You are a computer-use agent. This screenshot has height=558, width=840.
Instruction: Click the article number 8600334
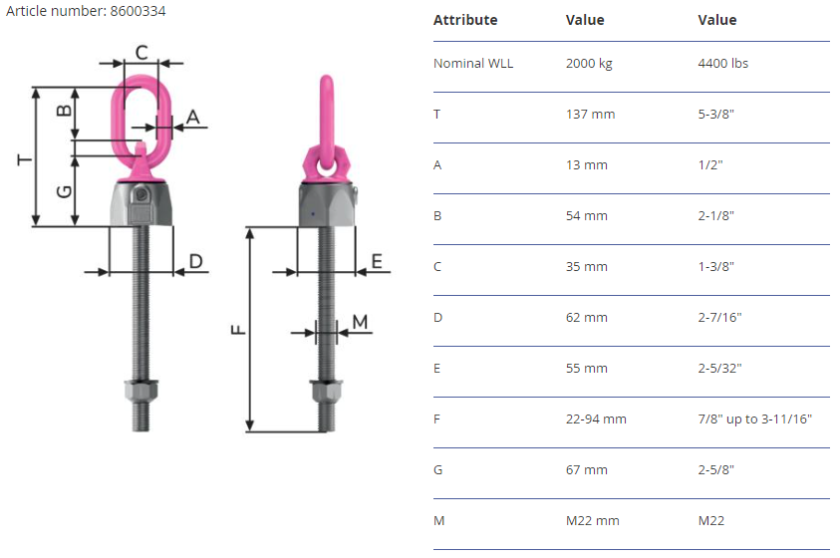pos(138,11)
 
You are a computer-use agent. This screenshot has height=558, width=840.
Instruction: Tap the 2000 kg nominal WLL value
pos(589,63)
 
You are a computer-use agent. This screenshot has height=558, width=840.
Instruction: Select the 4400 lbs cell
pos(722,63)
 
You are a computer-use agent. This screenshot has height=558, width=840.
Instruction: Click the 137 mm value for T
pos(590,114)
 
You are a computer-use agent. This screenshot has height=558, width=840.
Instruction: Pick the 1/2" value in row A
pos(710,165)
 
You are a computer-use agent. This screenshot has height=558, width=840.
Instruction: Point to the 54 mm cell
pos(587,216)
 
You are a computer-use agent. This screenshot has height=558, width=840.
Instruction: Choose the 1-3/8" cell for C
pos(715,267)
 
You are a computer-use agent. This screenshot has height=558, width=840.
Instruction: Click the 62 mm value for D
pos(587,318)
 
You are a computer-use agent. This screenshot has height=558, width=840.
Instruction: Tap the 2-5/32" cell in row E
pos(719,369)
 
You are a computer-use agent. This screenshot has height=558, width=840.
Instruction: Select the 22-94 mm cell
pos(596,419)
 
